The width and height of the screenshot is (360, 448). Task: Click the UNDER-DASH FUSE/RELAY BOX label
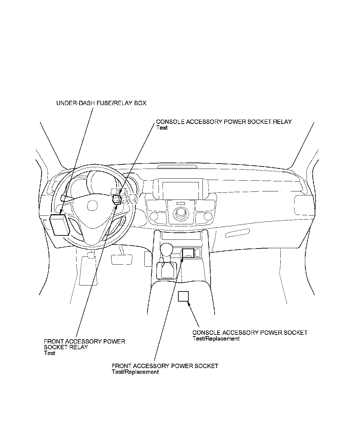pyautogui.click(x=101, y=103)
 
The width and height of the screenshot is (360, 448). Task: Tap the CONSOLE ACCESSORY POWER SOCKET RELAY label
pyautogui.click(x=224, y=122)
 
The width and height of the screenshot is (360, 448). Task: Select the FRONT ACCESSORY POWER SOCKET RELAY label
pyautogui.click(x=84, y=344)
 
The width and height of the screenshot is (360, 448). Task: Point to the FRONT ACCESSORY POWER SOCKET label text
pyautogui.click(x=165, y=366)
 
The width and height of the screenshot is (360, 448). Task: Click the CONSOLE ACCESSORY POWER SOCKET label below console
pyautogui.click(x=250, y=332)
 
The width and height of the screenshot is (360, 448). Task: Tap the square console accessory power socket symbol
pyautogui.click(x=183, y=297)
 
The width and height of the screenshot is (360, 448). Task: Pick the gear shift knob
pyautogui.click(x=166, y=249)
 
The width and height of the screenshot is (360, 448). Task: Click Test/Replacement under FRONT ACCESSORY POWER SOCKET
pyautogui.click(x=135, y=372)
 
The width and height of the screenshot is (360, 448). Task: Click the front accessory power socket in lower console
pyautogui.click(x=188, y=253)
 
